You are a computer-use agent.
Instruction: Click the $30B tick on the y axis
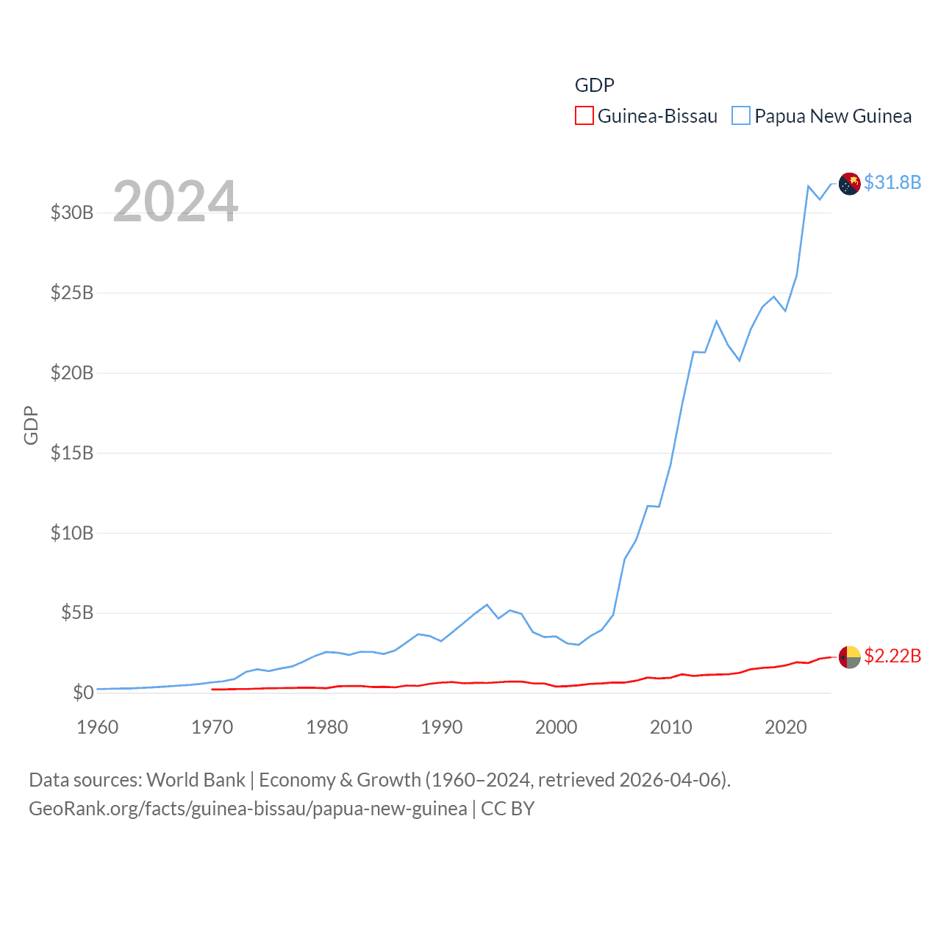(72, 213)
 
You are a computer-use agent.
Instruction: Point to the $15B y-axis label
(72, 453)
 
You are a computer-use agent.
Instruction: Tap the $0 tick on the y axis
(83, 693)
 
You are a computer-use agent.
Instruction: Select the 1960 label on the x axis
(98, 727)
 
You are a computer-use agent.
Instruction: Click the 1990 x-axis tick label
(442, 727)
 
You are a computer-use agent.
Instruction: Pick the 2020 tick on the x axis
(786, 727)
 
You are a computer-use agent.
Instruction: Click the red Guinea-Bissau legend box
(584, 116)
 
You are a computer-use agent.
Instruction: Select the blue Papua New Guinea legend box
(741, 116)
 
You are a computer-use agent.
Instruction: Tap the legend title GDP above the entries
(594, 85)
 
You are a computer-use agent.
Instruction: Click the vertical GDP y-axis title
(31, 425)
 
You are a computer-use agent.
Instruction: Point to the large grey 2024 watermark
(175, 201)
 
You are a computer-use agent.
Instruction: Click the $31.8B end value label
(892, 182)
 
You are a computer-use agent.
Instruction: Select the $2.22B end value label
(892, 656)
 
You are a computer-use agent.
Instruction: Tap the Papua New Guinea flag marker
(850, 184)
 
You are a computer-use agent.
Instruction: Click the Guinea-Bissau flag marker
(850, 657)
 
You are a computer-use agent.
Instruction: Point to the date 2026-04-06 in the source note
(673, 780)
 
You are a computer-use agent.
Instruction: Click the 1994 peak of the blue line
(487, 605)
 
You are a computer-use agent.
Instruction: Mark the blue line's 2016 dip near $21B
(740, 360)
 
